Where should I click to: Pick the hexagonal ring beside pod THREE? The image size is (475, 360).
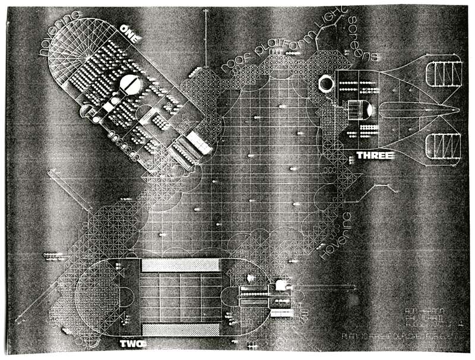[326, 84]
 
